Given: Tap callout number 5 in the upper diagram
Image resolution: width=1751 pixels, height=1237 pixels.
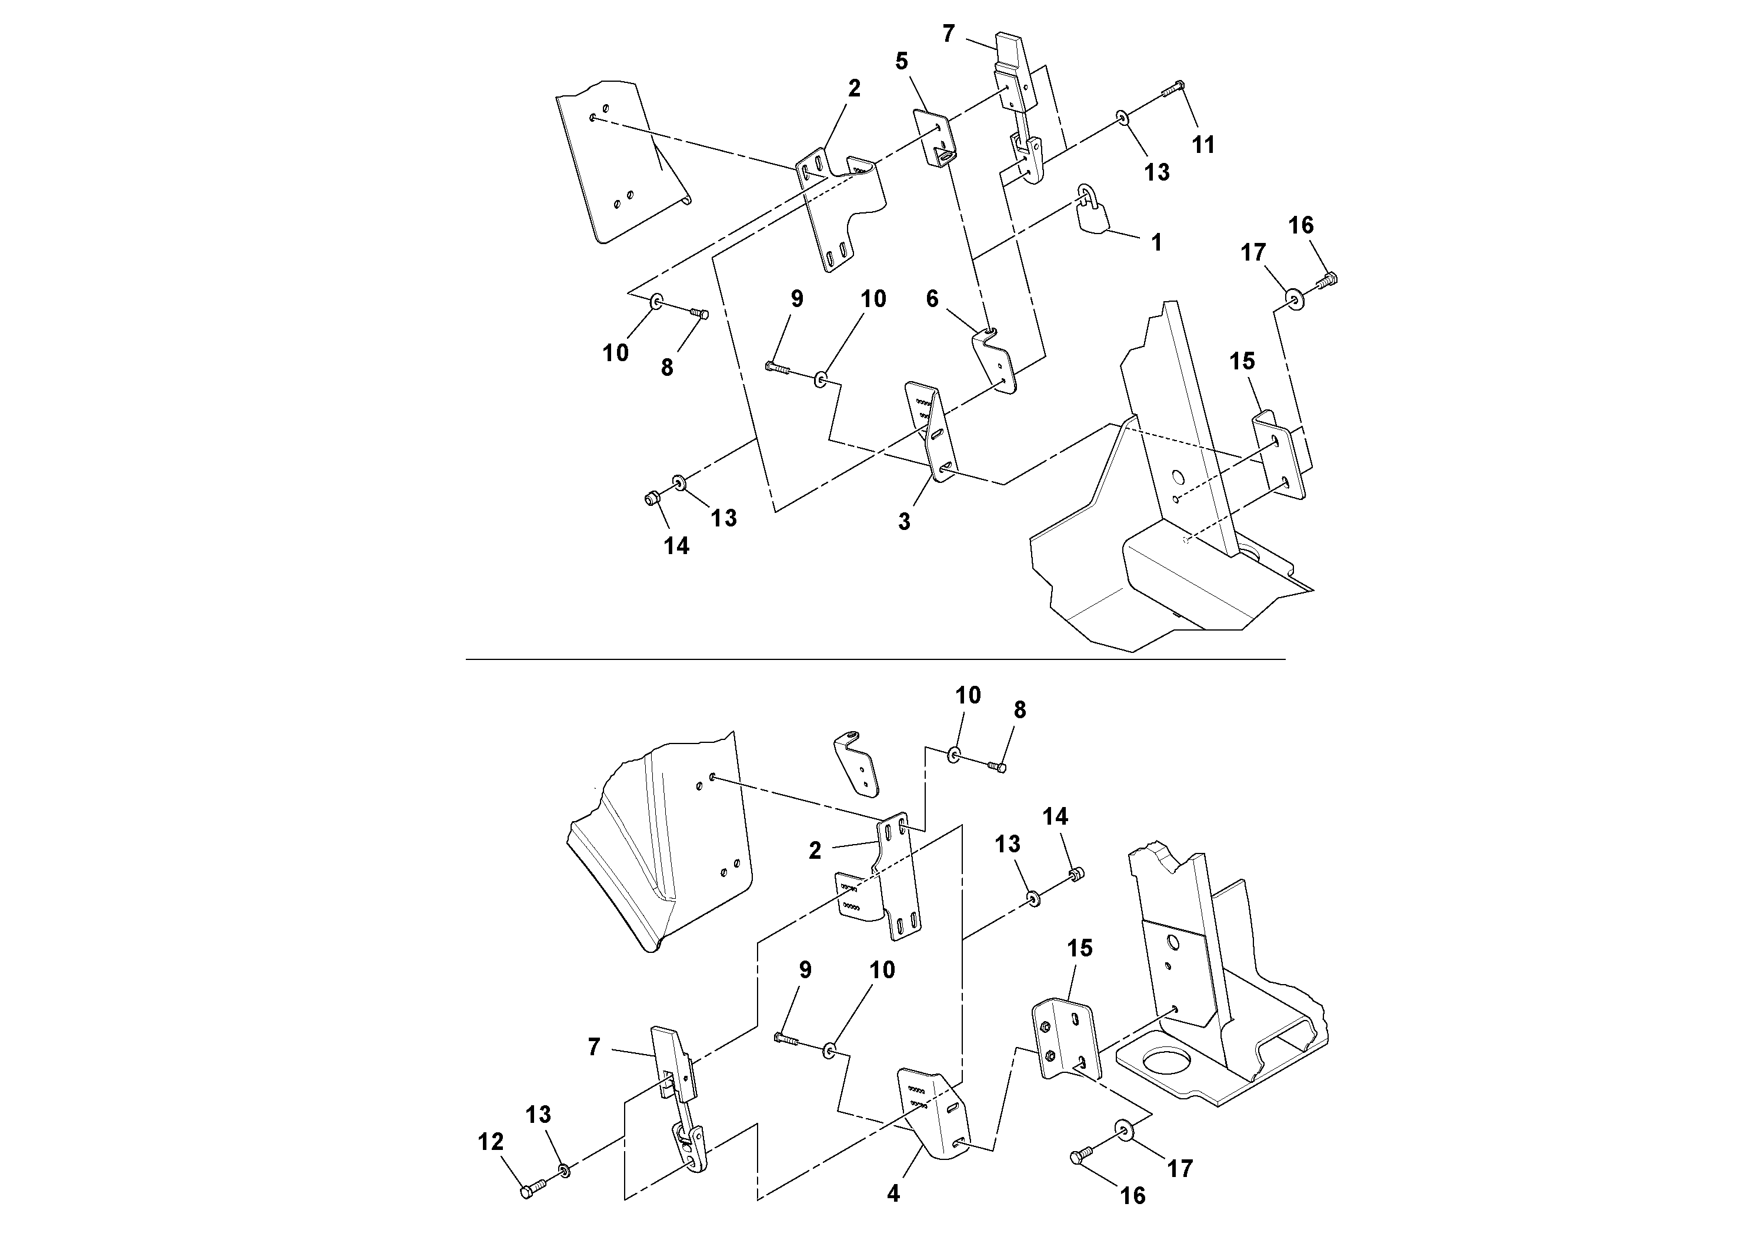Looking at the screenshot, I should (902, 62).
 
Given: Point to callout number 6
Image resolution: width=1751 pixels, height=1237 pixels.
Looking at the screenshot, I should (932, 299).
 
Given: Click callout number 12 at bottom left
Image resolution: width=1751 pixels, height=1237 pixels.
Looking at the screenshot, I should (491, 1142).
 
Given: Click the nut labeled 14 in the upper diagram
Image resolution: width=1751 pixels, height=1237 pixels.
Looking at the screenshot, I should (651, 499).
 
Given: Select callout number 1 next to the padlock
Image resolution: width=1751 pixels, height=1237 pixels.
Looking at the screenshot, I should (1156, 242).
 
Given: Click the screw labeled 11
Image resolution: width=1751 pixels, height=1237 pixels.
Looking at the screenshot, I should (1172, 88).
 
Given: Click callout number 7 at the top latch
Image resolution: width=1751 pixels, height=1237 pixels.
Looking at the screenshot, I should (948, 34).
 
